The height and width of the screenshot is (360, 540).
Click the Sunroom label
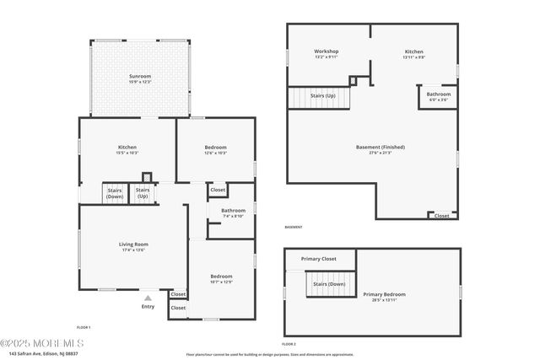pos(140,76)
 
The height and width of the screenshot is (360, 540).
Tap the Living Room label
pos(133,244)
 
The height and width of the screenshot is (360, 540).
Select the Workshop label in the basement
pos(327,51)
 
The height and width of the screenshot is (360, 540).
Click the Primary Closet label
pos(318,259)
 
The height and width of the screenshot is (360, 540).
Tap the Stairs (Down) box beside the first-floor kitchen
pos(115,193)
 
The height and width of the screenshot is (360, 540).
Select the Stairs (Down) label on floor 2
pos(328,284)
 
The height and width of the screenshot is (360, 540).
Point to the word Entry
pos(148,306)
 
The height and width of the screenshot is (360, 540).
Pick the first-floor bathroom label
pos(234,210)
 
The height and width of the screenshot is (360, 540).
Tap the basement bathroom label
pos(439,94)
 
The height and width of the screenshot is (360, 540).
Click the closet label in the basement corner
pos(441,215)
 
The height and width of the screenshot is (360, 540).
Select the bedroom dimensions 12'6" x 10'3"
pos(216,153)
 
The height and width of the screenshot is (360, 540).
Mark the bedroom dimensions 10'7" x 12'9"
pos(221,282)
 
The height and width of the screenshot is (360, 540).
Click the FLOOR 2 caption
pos(289,344)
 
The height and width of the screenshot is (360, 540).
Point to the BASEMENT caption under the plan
pos(294,227)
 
